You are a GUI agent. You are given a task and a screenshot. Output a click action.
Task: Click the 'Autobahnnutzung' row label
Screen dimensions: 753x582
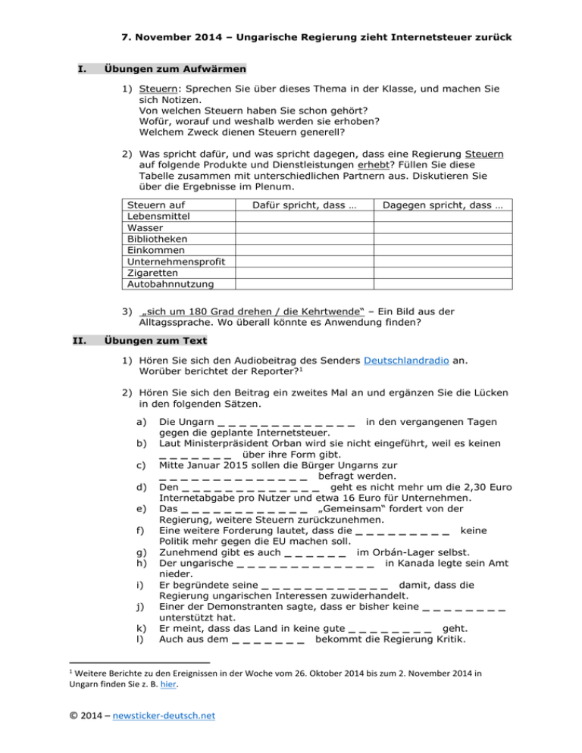pos(165,284)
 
